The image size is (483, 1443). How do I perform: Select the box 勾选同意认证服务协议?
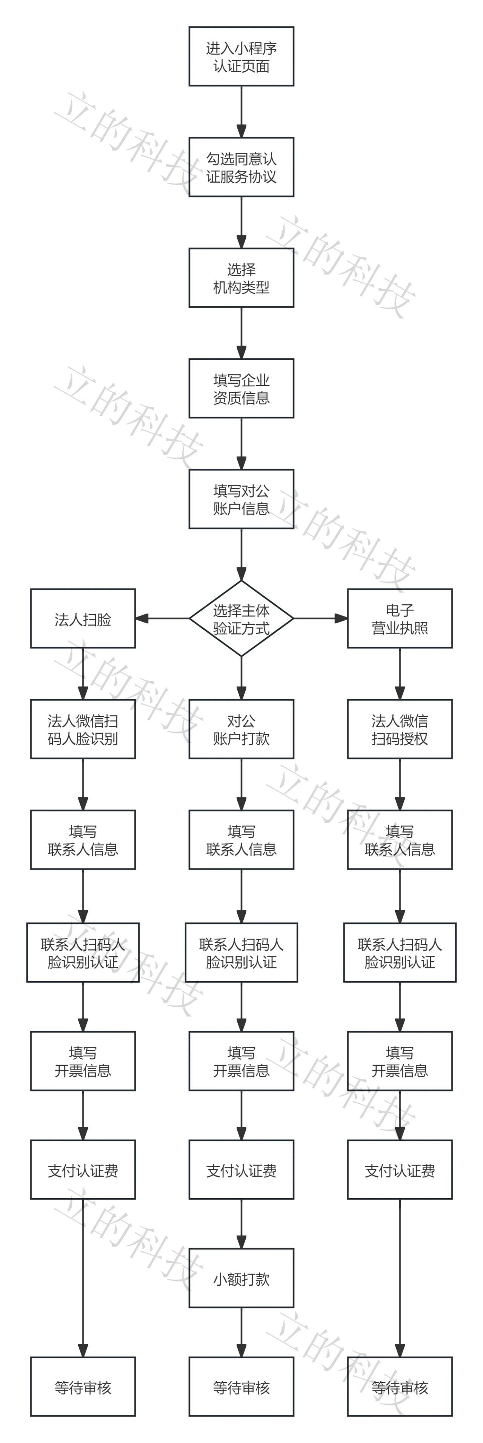click(241, 167)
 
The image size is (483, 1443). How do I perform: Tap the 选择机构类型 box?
click(241, 278)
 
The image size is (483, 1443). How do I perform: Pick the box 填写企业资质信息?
click(241, 388)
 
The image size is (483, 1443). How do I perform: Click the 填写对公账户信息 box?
click(241, 499)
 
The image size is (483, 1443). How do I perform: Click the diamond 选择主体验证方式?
click(241, 618)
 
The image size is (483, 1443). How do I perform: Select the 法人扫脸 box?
click(83, 618)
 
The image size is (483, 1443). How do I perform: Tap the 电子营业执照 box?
click(400, 618)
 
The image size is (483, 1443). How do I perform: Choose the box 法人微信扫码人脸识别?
click(83, 729)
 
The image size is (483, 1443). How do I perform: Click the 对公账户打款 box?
click(241, 729)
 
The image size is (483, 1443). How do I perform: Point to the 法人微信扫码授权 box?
click(400, 729)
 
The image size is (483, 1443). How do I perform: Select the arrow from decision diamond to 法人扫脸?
click(163, 618)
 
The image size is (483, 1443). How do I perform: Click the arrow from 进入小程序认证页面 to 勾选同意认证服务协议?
click(241, 111)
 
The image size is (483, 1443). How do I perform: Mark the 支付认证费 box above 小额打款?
click(241, 1169)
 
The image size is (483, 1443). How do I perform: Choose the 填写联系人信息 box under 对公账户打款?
click(241, 840)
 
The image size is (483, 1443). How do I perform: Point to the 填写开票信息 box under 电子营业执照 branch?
click(400, 1061)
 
